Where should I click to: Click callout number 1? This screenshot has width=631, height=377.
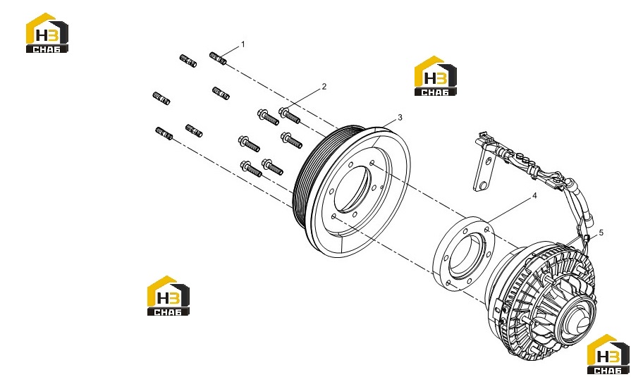(x=243, y=44)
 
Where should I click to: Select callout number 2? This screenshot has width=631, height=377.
(x=324, y=87)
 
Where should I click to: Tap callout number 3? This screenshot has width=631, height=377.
(x=400, y=118)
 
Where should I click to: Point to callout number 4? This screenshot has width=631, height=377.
(x=534, y=195)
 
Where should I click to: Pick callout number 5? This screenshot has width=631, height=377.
(x=601, y=233)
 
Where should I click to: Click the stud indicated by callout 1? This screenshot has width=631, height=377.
(x=218, y=58)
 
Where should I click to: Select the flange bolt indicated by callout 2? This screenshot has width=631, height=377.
(x=290, y=115)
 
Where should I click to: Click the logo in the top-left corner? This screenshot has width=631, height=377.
(x=47, y=33)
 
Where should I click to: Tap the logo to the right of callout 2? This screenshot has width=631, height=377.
(x=436, y=76)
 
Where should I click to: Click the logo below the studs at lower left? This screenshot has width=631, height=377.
(x=169, y=296)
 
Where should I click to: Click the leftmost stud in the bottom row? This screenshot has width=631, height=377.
(x=164, y=133)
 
